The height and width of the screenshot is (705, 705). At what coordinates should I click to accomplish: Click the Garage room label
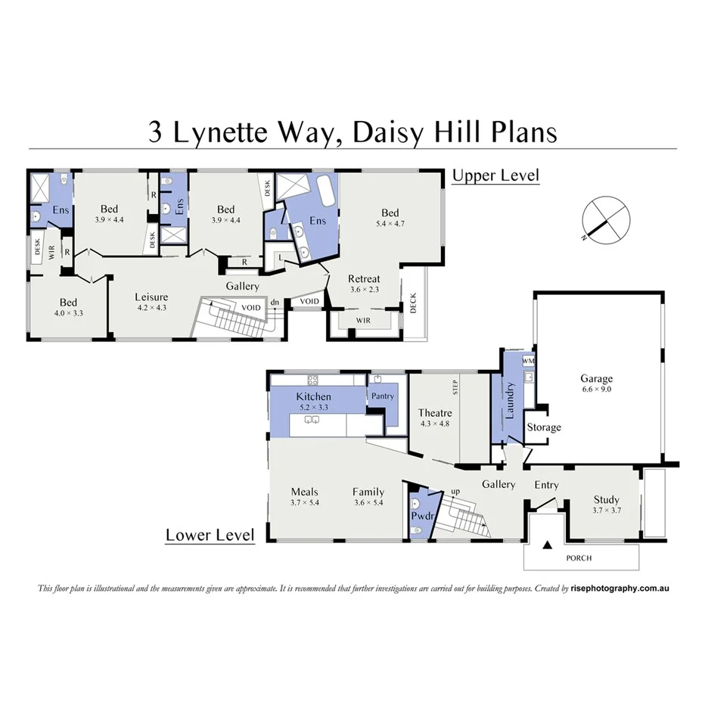pyautogui.click(x=596, y=379)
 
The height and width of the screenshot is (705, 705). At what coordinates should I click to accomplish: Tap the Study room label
pyautogui.click(x=606, y=500)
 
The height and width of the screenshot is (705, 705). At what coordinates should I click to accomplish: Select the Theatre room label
pyautogui.click(x=435, y=413)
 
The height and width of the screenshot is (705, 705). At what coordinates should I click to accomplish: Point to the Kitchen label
pyautogui.click(x=313, y=396)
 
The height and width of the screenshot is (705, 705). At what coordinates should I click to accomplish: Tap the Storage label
pyautogui.click(x=544, y=427)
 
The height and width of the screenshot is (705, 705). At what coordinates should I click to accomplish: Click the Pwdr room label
pyautogui.click(x=420, y=516)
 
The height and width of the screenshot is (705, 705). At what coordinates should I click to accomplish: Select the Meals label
pyautogui.click(x=305, y=492)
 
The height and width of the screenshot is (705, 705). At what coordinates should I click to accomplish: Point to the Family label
pyautogui.click(x=368, y=492)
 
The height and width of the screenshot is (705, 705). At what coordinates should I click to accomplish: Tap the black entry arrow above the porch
pyautogui.click(x=548, y=543)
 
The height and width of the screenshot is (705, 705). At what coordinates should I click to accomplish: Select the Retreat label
pyautogui.click(x=364, y=279)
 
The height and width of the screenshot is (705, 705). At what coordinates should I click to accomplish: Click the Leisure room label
pyautogui.click(x=151, y=297)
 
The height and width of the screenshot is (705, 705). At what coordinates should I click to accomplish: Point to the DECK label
pyautogui.click(x=413, y=303)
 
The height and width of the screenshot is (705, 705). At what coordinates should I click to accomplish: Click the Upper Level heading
pyautogui.click(x=495, y=176)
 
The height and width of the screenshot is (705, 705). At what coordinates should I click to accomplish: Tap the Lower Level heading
pyautogui.click(x=210, y=536)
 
